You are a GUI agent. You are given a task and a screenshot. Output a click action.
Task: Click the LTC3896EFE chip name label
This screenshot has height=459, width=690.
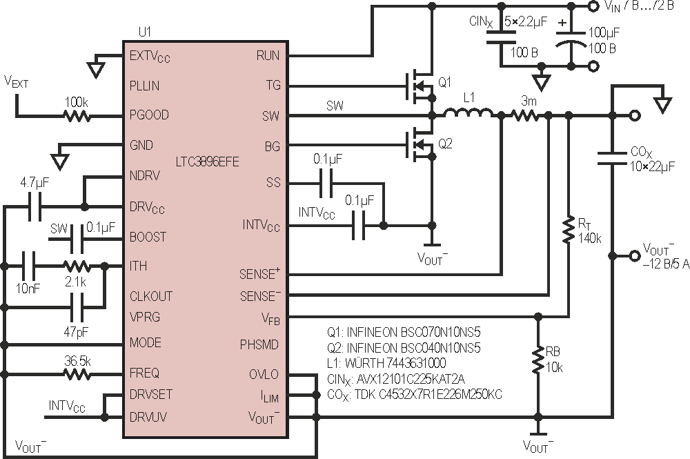click(x=207, y=162)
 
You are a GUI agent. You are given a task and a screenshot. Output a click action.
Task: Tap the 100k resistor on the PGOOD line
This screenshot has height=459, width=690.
click(x=77, y=116)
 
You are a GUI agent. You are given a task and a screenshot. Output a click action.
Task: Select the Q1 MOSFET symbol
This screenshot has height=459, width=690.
click(x=420, y=86)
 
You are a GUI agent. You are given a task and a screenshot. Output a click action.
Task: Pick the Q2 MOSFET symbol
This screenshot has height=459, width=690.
click(x=420, y=144)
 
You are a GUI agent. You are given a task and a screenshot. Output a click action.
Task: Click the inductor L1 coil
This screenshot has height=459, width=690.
click(x=468, y=113)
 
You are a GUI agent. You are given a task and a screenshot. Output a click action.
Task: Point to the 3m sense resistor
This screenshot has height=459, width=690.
click(x=524, y=116)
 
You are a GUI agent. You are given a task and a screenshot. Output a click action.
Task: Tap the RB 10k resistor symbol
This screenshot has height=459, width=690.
click(x=538, y=360)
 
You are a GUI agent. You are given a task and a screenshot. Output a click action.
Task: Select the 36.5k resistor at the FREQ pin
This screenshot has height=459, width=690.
click(x=77, y=375)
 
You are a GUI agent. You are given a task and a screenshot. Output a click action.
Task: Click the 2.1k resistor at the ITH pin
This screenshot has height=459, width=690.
click(x=77, y=266)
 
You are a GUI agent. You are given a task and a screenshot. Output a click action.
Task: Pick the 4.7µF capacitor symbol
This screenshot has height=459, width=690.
click(x=34, y=206)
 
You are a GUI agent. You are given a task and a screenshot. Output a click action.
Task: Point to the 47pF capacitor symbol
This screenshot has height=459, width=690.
click(x=77, y=308)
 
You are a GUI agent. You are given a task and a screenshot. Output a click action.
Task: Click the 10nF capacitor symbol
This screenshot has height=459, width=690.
click(x=28, y=266)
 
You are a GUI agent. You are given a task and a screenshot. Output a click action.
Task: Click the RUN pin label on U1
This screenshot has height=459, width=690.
click(x=268, y=56)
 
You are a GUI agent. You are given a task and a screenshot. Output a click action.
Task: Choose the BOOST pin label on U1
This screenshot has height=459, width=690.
click(x=148, y=237)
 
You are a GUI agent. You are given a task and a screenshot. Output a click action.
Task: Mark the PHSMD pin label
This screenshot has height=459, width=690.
click(x=259, y=344)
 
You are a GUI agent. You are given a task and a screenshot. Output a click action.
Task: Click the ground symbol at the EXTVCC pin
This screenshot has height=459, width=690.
click(x=97, y=70)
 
